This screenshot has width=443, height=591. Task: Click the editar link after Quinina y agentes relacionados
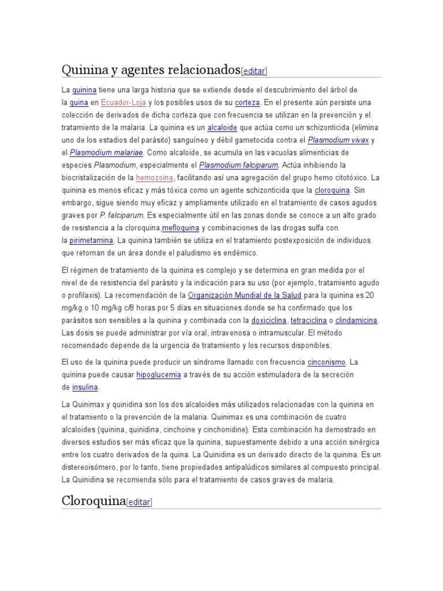pyautogui.click(x=254, y=71)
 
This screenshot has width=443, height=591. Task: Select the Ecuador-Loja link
pyautogui.click(x=123, y=103)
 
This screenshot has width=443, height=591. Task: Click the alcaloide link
pyautogui.click(x=223, y=128)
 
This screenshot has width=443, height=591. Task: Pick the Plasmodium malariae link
pyautogui.click(x=106, y=153)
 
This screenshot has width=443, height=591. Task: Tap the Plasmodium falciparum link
pyautogui.click(x=238, y=165)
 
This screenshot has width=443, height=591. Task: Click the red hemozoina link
pyautogui.click(x=155, y=178)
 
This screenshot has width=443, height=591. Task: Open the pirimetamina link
pyautogui.click(x=91, y=240)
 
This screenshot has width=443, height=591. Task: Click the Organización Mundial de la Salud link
pyautogui.click(x=245, y=295)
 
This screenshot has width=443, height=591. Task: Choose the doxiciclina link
pyautogui.click(x=268, y=320)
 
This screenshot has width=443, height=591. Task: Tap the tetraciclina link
pyautogui.click(x=309, y=320)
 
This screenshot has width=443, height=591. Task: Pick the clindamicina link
pyautogui.click(x=356, y=320)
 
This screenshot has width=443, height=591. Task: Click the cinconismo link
pyautogui.click(x=326, y=362)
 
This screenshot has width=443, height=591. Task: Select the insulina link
pyautogui.click(x=85, y=387)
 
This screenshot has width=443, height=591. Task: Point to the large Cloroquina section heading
pyautogui.click(x=93, y=500)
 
